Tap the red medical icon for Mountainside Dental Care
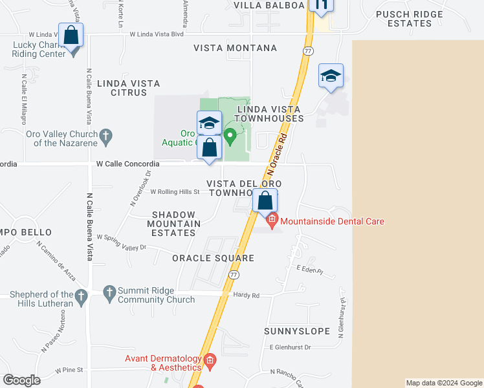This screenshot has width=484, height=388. [x=272, y=222]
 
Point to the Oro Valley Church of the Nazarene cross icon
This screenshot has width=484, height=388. [x=107, y=136]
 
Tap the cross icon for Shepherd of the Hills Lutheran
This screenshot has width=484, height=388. [x=81, y=297]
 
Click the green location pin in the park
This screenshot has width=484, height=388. [x=230, y=138]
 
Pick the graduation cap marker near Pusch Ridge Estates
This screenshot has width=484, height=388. [x=331, y=76]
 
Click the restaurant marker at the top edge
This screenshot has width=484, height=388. [x=320, y=5]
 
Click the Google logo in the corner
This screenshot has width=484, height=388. [x=21, y=380]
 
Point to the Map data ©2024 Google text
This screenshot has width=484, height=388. [x=443, y=383]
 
